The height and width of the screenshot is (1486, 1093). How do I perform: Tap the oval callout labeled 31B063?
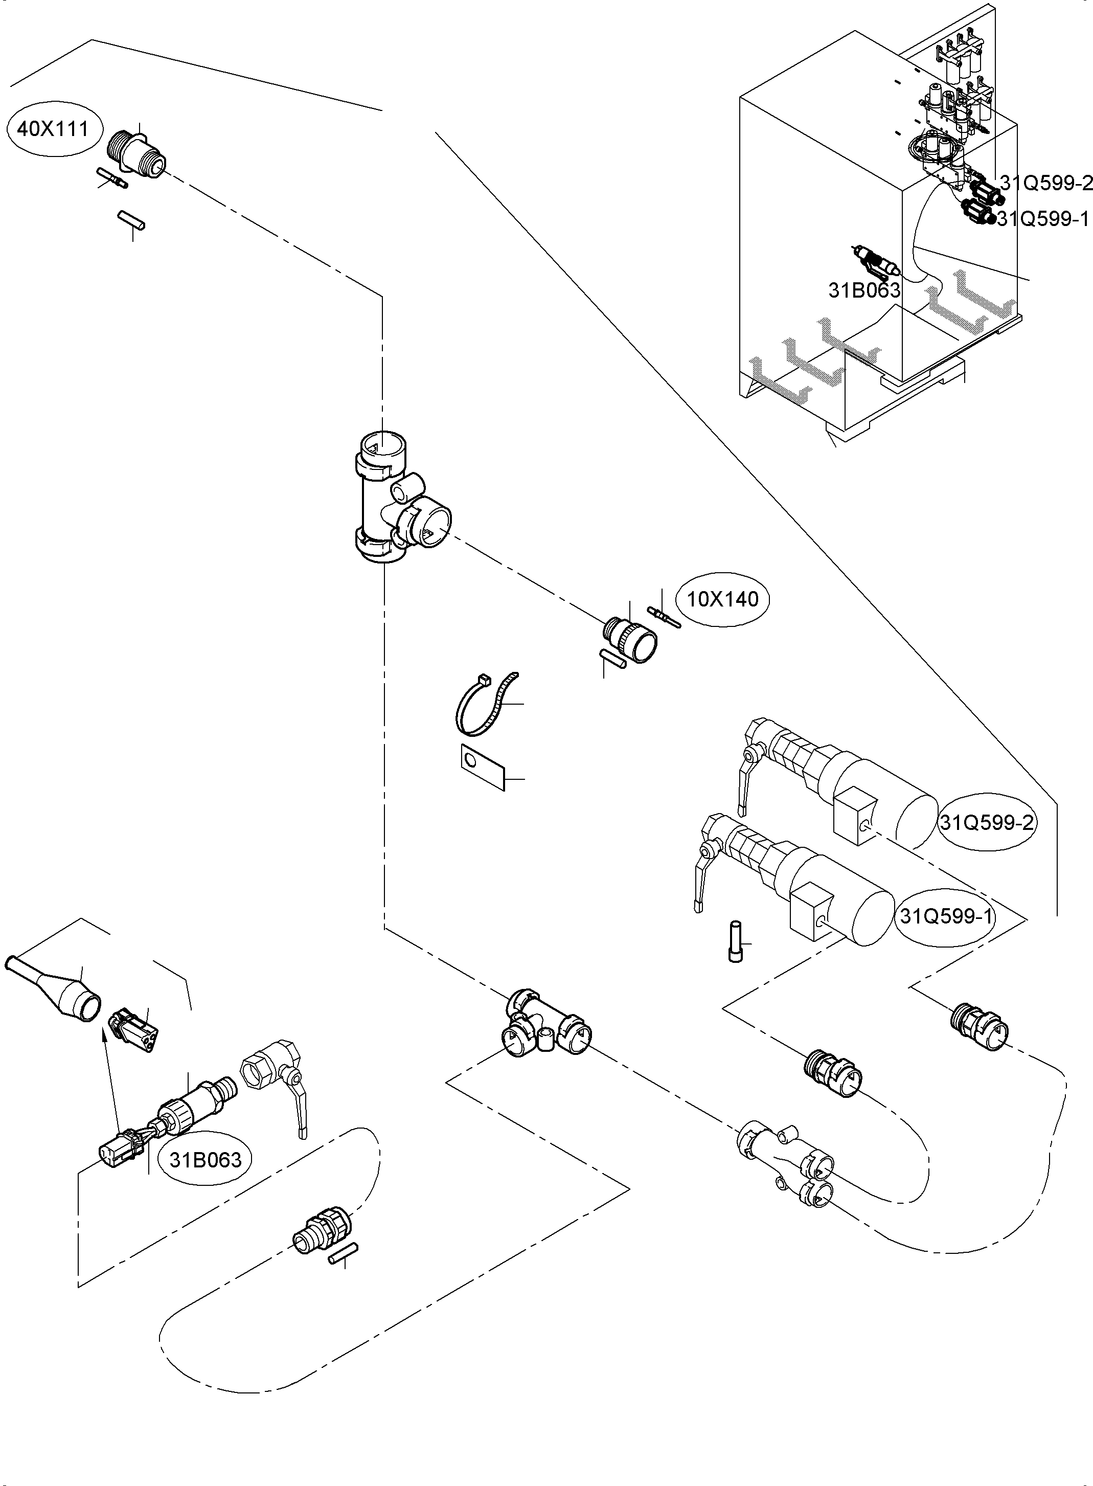(x=206, y=1160)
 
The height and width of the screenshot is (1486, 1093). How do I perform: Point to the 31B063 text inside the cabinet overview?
(x=864, y=290)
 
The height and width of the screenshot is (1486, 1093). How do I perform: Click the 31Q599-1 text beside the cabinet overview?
(x=1041, y=218)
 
